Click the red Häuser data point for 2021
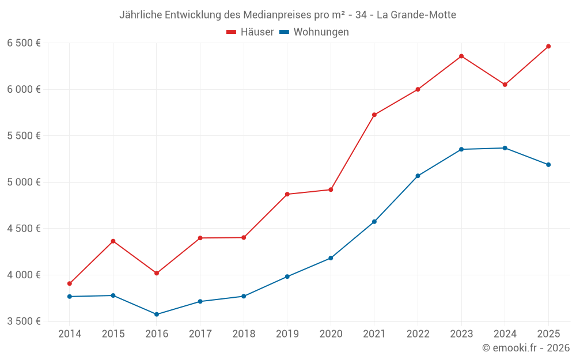click(x=374, y=115)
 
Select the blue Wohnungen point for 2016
click(x=157, y=314)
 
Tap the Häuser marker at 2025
click(x=548, y=46)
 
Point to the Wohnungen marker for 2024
click(x=505, y=148)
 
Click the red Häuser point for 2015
click(x=113, y=241)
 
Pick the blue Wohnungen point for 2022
click(x=418, y=176)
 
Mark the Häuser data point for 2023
click(x=461, y=56)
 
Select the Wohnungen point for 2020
click(x=331, y=258)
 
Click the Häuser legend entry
click(x=250, y=32)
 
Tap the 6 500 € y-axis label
click(x=24, y=43)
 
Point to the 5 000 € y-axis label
click(x=24, y=182)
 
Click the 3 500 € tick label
click(x=24, y=321)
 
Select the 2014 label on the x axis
click(x=70, y=334)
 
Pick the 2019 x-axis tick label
click(x=287, y=334)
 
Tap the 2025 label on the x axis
click(x=548, y=334)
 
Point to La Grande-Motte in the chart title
click(x=416, y=15)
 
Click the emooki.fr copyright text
click(x=525, y=348)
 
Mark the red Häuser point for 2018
click(x=244, y=237)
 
